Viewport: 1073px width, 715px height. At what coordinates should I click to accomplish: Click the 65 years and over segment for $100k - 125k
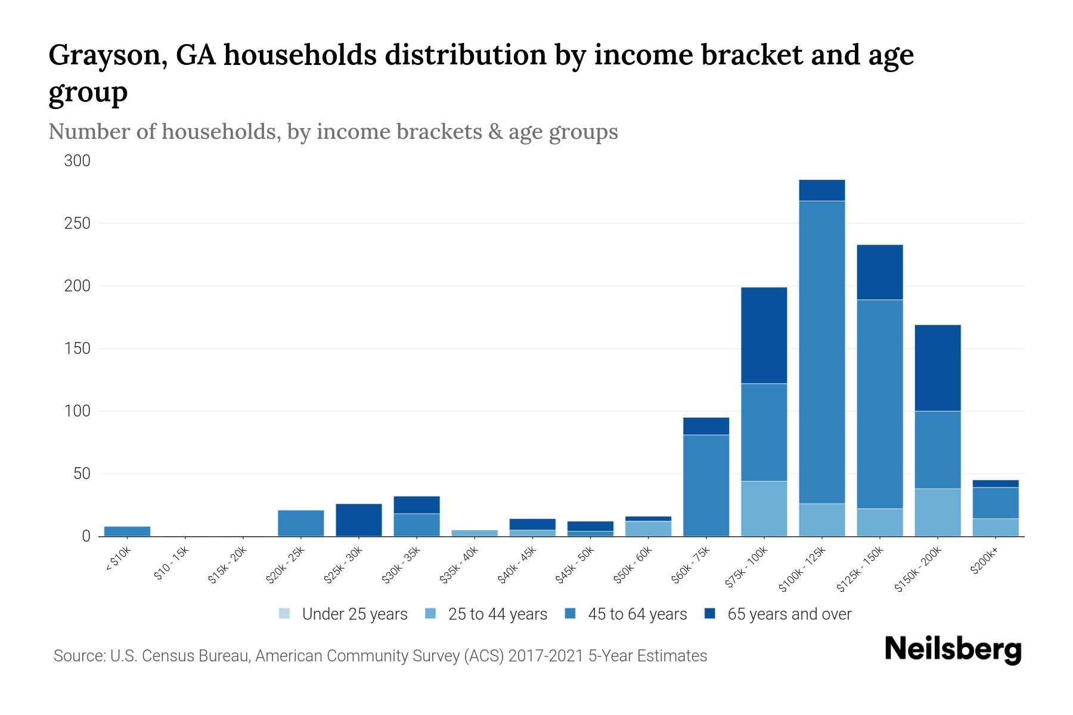tap(821, 190)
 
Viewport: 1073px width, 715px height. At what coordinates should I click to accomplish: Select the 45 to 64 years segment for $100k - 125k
tap(821, 352)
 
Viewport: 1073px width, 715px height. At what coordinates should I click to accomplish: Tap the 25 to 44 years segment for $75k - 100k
tap(764, 508)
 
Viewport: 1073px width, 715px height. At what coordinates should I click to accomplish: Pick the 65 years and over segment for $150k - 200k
tap(938, 368)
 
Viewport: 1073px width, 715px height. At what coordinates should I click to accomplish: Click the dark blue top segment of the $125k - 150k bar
tap(879, 272)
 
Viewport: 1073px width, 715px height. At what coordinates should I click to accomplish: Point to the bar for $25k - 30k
tap(358, 520)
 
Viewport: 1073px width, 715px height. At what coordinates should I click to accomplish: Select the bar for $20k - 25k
tap(300, 523)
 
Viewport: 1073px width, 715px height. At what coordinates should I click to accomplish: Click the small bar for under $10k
tap(127, 531)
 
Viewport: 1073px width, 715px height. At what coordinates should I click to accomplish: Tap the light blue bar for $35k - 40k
tap(475, 533)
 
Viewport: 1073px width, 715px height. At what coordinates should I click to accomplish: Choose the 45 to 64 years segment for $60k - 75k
tap(706, 485)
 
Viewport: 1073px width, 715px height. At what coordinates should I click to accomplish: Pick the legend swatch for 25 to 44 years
tap(431, 614)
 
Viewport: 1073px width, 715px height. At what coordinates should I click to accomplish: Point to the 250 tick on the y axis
tap(77, 223)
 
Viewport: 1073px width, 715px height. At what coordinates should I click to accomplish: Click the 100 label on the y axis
tap(77, 411)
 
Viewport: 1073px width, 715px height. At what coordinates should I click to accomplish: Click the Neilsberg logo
tap(953, 649)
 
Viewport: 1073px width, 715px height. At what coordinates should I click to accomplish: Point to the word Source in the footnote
tap(78, 656)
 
